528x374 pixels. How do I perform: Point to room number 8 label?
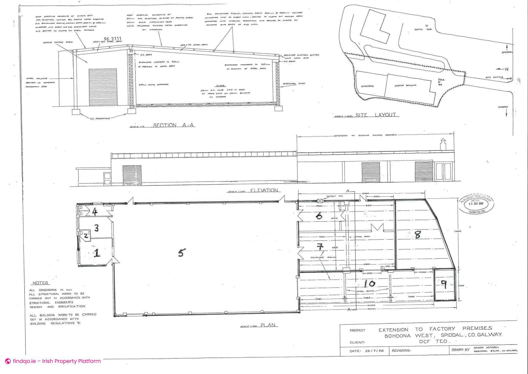pyautogui.click(x=417, y=234)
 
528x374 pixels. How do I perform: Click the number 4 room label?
pyautogui.click(x=95, y=212)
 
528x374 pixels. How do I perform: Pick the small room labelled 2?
pyautogui.click(x=86, y=236)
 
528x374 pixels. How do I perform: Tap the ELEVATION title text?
pyautogui.click(x=264, y=190)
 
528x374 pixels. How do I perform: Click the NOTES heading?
pyautogui.click(x=40, y=283)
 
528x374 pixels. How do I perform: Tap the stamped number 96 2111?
pyautogui.click(x=112, y=39)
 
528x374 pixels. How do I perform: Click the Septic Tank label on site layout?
pyautogui.click(x=423, y=29)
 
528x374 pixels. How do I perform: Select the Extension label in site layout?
pyautogui.click(x=367, y=86)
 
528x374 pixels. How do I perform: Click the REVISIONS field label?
pyautogui.click(x=401, y=351)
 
